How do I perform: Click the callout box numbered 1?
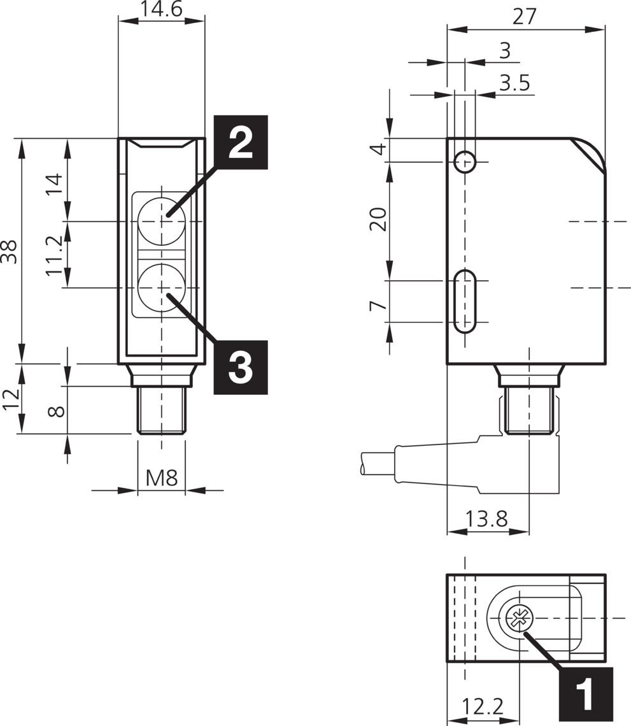(x=585, y=694)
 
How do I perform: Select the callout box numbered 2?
(x=240, y=142)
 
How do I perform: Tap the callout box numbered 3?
(x=240, y=367)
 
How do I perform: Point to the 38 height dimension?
(x=9, y=251)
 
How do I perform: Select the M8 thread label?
(x=161, y=478)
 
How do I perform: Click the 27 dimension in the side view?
(x=525, y=17)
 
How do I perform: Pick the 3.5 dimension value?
(x=514, y=83)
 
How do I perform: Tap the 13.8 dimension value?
(x=486, y=519)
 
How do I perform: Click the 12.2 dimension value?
(x=483, y=706)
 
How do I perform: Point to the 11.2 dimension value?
(x=55, y=255)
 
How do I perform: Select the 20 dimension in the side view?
(x=378, y=220)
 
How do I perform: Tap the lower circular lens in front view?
(x=161, y=288)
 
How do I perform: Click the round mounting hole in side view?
(x=465, y=162)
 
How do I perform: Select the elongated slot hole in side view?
(x=465, y=301)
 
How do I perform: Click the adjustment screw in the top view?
(x=520, y=618)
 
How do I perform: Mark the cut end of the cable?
(x=363, y=464)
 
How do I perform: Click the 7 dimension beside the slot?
(x=378, y=305)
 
